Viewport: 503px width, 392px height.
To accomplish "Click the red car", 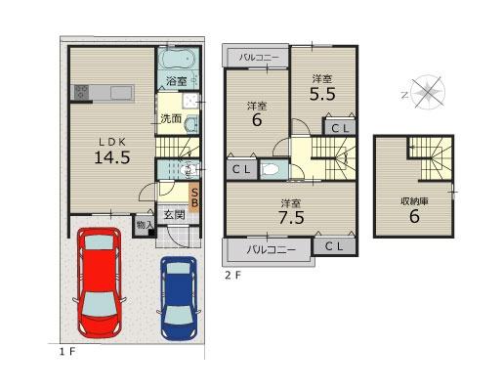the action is (99, 283).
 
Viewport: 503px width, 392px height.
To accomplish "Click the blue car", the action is (179, 298).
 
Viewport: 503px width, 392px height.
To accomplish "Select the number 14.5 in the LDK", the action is (112, 158).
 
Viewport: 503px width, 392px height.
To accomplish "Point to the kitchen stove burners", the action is (81, 92).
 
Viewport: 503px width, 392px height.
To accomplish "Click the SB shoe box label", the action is (194, 197).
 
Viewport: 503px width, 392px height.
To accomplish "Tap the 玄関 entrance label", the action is (174, 215).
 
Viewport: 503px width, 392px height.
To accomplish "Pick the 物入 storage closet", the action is (145, 225).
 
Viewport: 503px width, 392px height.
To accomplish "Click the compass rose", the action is (428, 92).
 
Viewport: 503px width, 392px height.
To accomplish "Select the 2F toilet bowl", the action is (271, 169).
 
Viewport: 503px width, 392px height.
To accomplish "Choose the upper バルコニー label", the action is (259, 58).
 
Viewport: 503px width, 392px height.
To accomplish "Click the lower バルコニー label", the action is (271, 250).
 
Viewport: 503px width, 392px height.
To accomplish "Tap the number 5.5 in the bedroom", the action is (322, 95).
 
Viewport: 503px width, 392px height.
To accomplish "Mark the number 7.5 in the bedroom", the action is (291, 217).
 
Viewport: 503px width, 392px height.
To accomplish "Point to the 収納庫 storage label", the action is (414, 201).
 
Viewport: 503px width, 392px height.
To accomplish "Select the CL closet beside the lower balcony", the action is (334, 245).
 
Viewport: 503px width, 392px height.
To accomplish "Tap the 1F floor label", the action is (67, 352).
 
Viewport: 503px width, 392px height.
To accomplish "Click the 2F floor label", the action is (233, 276).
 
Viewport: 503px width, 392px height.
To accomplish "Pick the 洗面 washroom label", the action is (171, 119).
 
